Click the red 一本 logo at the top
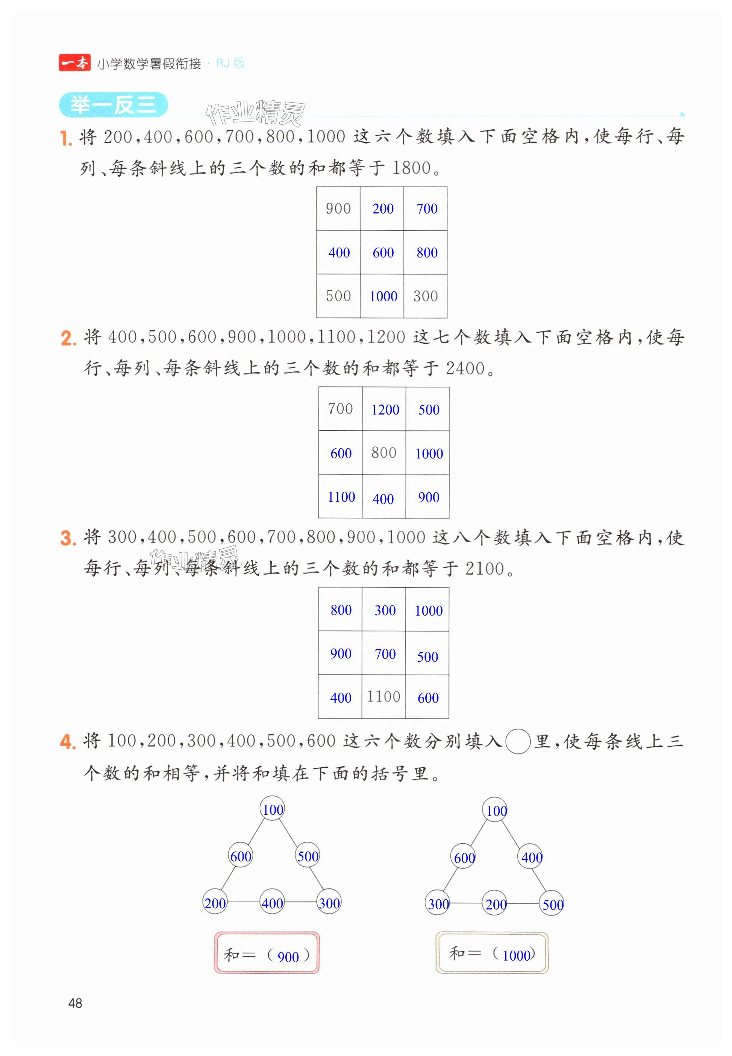click(75, 63)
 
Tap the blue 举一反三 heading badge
click(113, 106)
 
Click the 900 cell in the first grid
click(338, 209)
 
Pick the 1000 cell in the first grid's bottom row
click(383, 296)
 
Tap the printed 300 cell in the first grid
click(425, 296)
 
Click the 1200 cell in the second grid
click(385, 409)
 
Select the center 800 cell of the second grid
click(383, 453)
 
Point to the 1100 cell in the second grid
click(341, 497)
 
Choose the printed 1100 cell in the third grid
click(383, 697)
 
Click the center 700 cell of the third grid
click(385, 654)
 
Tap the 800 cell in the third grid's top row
click(341, 610)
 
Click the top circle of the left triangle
click(273, 809)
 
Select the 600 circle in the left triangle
click(240, 856)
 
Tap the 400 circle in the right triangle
click(532, 857)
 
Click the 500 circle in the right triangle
click(553, 904)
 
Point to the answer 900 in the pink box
click(288, 956)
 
